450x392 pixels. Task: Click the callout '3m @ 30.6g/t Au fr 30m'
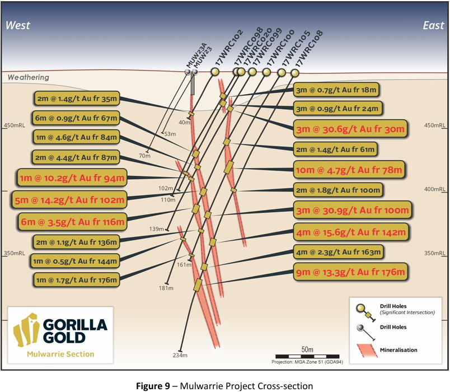(x=350, y=128)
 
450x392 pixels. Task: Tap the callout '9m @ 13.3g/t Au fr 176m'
(x=350, y=273)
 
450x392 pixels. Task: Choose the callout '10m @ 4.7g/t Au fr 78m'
(x=350, y=168)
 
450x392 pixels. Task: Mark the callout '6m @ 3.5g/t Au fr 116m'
(x=71, y=222)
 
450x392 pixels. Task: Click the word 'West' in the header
(x=18, y=25)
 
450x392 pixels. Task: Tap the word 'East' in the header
(x=433, y=25)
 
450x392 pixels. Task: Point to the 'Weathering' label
(x=29, y=77)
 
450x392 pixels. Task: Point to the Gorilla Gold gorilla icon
(x=25, y=330)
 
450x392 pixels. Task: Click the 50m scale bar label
(x=307, y=349)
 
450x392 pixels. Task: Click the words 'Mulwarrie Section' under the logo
(x=60, y=354)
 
